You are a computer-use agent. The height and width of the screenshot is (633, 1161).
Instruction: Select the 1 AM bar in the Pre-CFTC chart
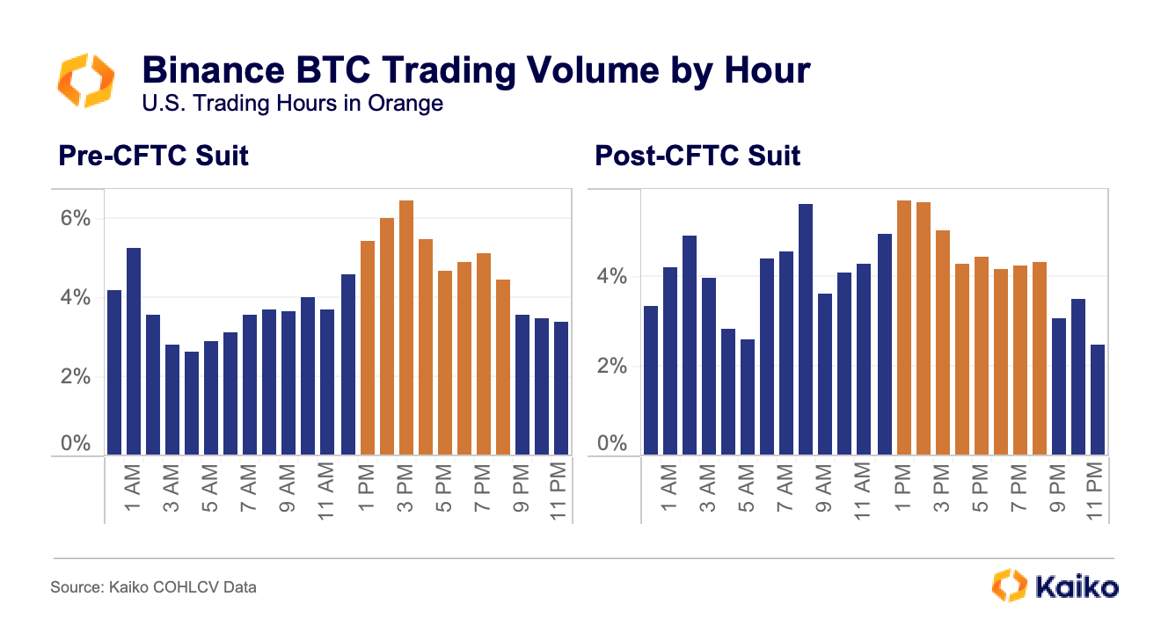point(134,352)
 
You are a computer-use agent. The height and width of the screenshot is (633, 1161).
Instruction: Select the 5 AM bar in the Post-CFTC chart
point(748,397)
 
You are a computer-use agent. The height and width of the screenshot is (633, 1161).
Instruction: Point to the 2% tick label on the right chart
point(610,366)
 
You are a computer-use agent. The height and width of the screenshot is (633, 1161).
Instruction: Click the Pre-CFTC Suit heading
point(153,156)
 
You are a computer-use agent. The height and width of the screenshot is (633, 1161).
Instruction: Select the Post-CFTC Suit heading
point(697,156)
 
